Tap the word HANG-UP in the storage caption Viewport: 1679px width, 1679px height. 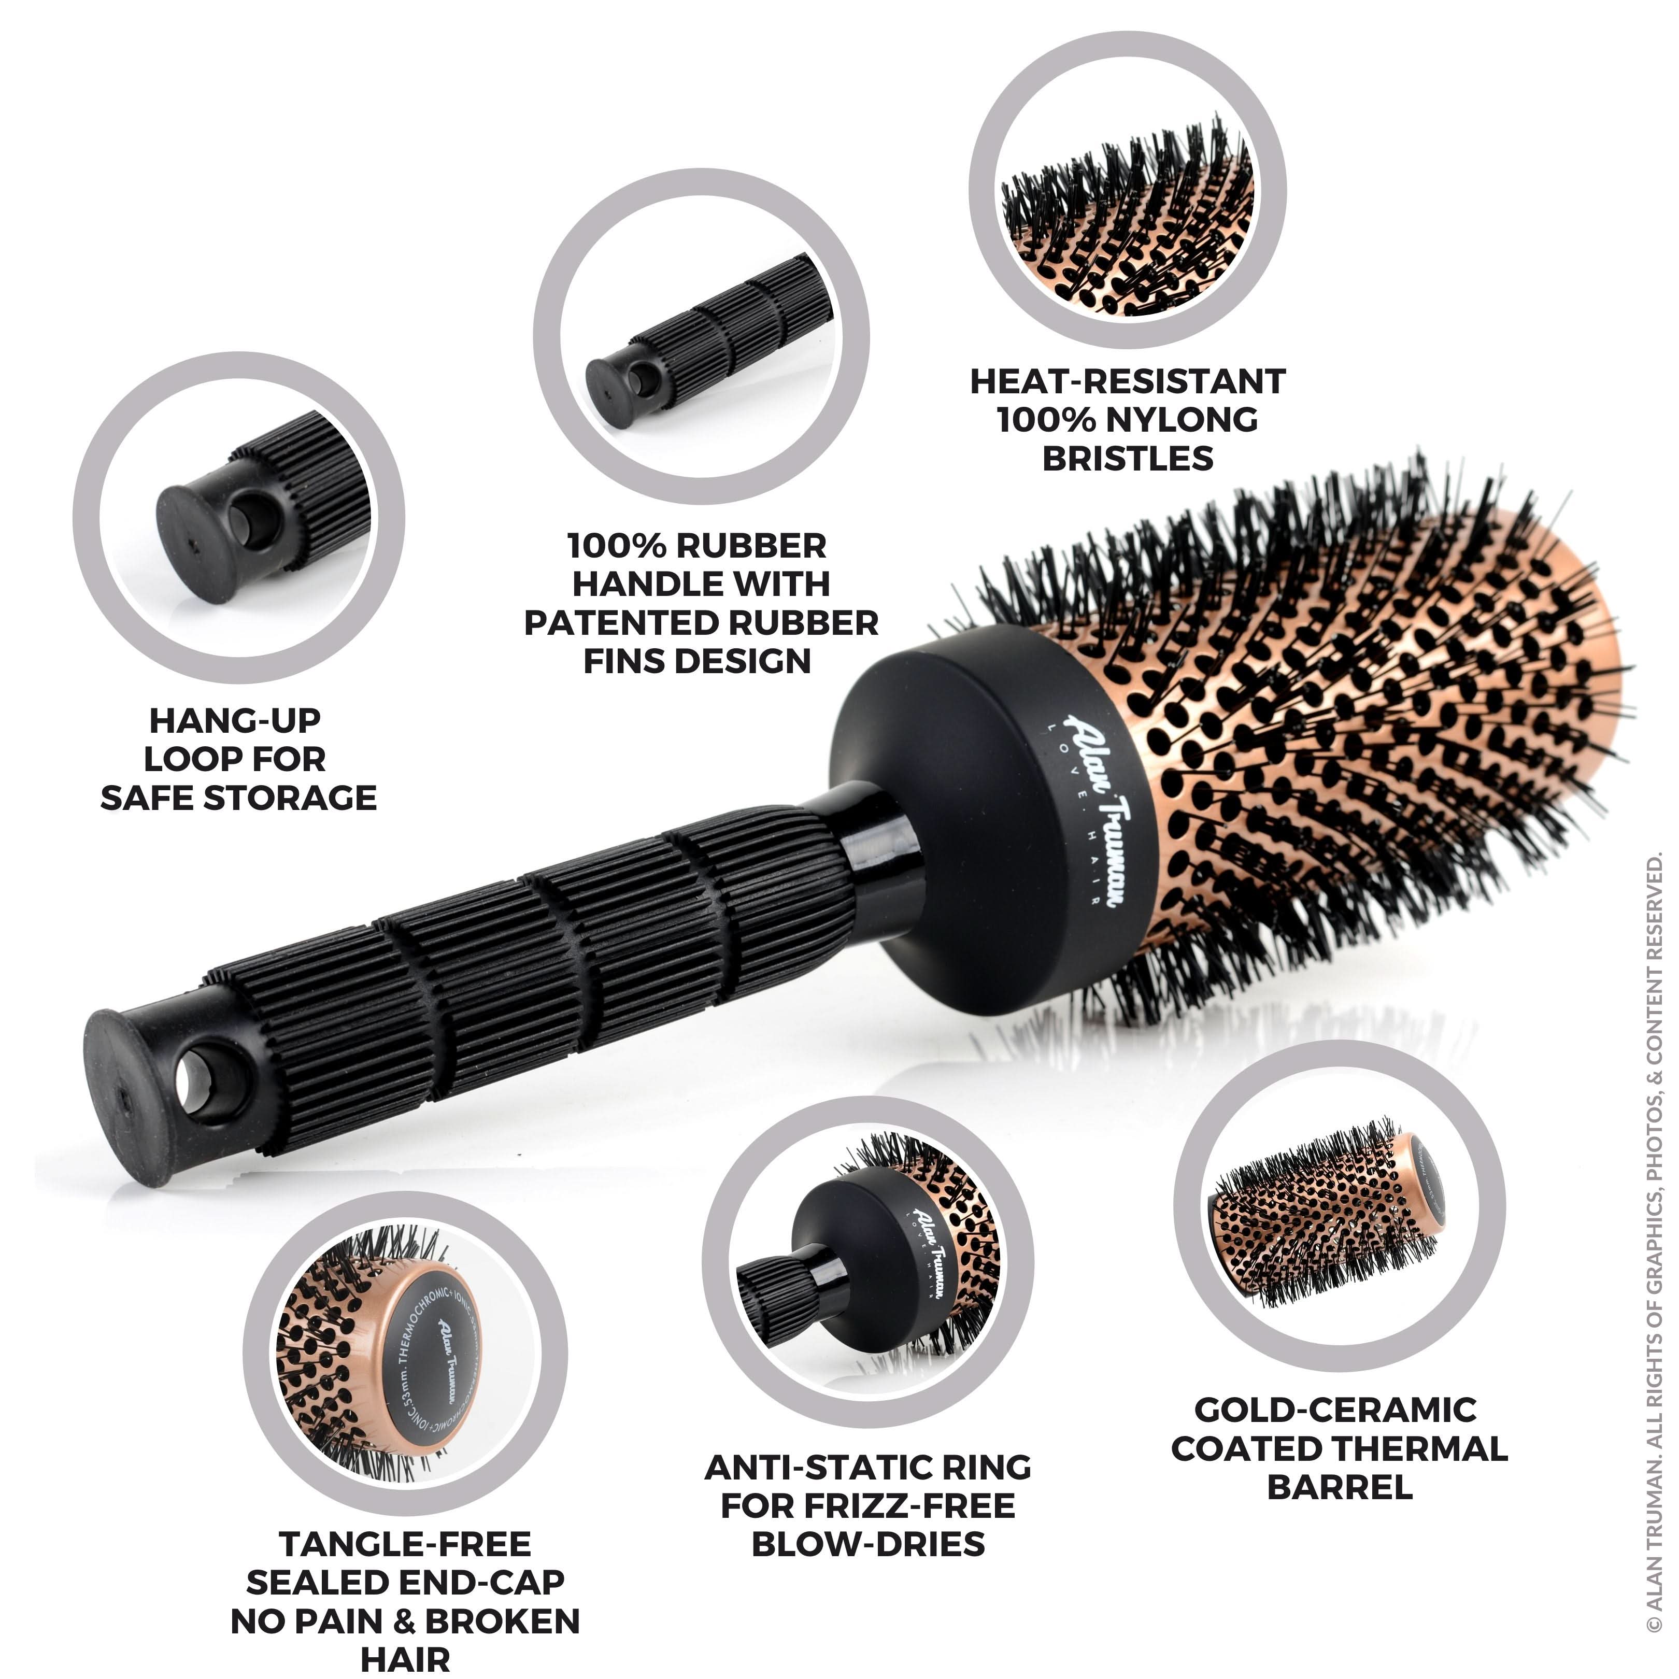point(235,720)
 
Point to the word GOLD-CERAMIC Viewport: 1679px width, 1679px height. point(1336,1410)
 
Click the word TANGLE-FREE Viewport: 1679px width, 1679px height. point(405,1544)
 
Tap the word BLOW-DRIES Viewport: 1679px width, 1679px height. point(868,1544)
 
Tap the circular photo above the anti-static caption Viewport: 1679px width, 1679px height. point(867,1262)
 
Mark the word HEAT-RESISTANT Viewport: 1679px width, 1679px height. point(1127,381)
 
